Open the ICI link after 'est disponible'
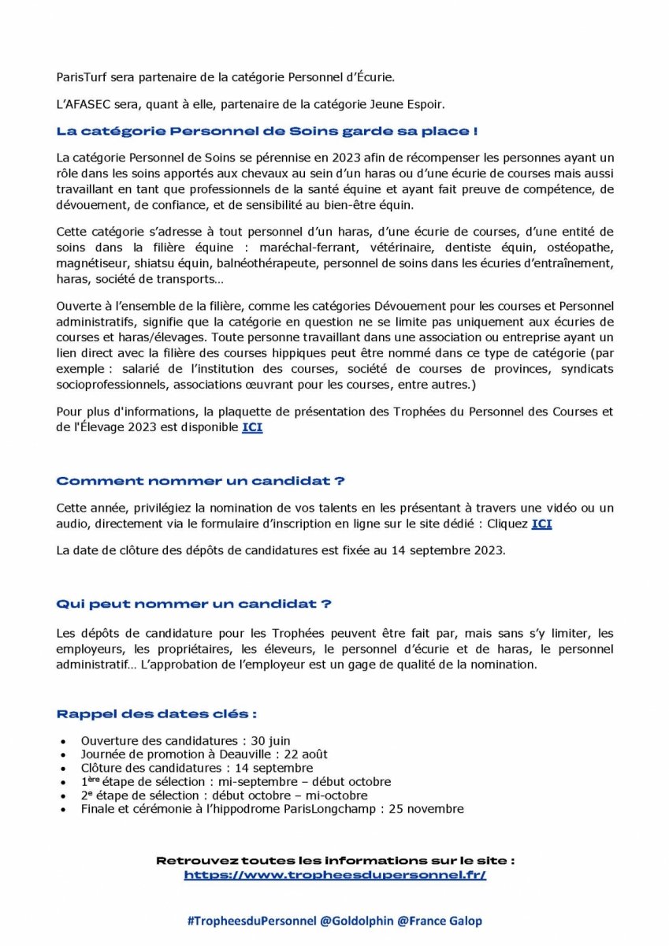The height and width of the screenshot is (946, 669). pyautogui.click(x=252, y=427)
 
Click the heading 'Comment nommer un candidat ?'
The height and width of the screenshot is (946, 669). pyautogui.click(x=200, y=481)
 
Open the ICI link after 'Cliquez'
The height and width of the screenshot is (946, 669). pyautogui.click(x=541, y=523)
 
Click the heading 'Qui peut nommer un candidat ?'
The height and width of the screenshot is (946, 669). pyautogui.click(x=194, y=604)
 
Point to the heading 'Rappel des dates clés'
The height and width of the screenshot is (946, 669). pyautogui.click(x=157, y=714)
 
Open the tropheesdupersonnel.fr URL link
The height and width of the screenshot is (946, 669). pyautogui.click(x=335, y=875)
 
